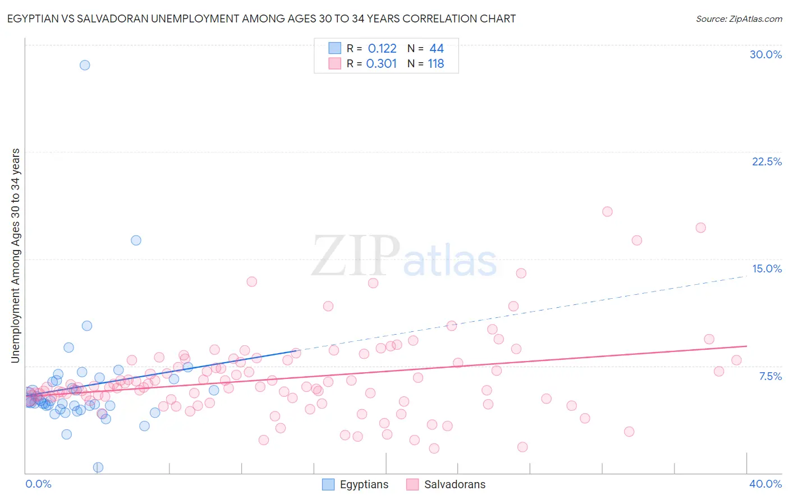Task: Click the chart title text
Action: pos(262,18)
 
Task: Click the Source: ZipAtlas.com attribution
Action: pos(738,18)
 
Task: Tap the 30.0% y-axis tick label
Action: pos(765,54)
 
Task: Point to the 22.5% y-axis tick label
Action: pos(767,161)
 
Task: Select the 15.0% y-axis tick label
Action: pos(767,268)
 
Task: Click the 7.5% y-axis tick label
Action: pos(770,376)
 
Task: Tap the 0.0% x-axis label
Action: pos(38,484)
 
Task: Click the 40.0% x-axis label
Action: pos(765,484)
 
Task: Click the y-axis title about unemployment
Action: pos(16,256)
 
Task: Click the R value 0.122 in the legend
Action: pos(382,49)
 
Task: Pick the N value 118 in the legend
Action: pos(436,64)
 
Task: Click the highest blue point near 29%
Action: pos(85,65)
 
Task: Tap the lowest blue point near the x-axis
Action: pos(98,467)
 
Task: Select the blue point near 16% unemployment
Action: pos(136,240)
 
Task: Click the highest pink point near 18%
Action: pos(607,212)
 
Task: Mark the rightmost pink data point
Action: pos(736,360)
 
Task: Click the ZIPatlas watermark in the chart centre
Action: pos(404,257)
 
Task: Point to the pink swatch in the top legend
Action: pos(335,63)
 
